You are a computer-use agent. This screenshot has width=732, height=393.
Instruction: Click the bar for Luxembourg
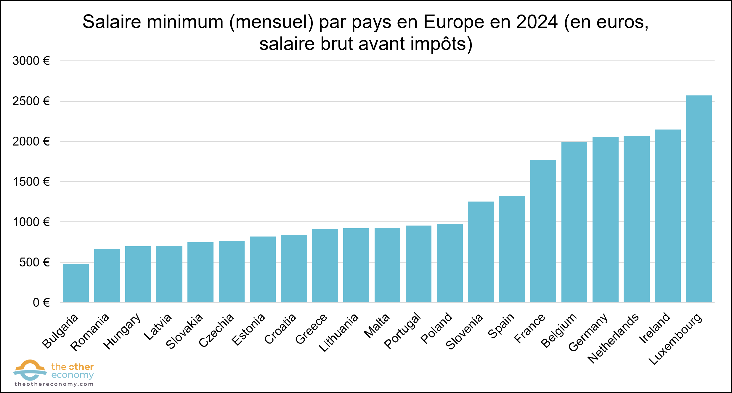[699, 199]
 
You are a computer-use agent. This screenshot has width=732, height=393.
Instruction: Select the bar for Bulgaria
[76, 283]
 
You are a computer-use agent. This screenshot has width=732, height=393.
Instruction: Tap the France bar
[543, 231]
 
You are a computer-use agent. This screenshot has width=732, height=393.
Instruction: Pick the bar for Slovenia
[481, 252]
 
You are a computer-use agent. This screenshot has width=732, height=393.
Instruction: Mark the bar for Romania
[107, 276]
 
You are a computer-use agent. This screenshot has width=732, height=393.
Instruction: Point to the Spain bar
[512, 249]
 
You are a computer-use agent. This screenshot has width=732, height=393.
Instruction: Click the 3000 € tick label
[31, 61]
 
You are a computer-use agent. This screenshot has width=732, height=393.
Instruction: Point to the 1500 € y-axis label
[31, 182]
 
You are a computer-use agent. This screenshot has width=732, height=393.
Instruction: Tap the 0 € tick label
[41, 303]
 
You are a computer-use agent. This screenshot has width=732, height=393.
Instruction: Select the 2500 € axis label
[31, 101]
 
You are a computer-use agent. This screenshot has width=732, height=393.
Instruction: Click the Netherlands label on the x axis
[613, 338]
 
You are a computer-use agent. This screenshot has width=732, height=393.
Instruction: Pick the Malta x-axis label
[377, 326]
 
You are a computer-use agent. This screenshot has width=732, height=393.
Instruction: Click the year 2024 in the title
[537, 22]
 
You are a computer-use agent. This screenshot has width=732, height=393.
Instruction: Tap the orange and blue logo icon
[30, 370]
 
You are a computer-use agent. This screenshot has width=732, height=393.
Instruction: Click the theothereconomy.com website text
[54, 384]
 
